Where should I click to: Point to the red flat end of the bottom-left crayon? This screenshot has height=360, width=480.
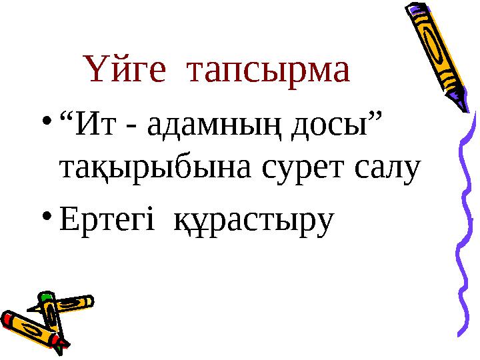pos(7,319)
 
